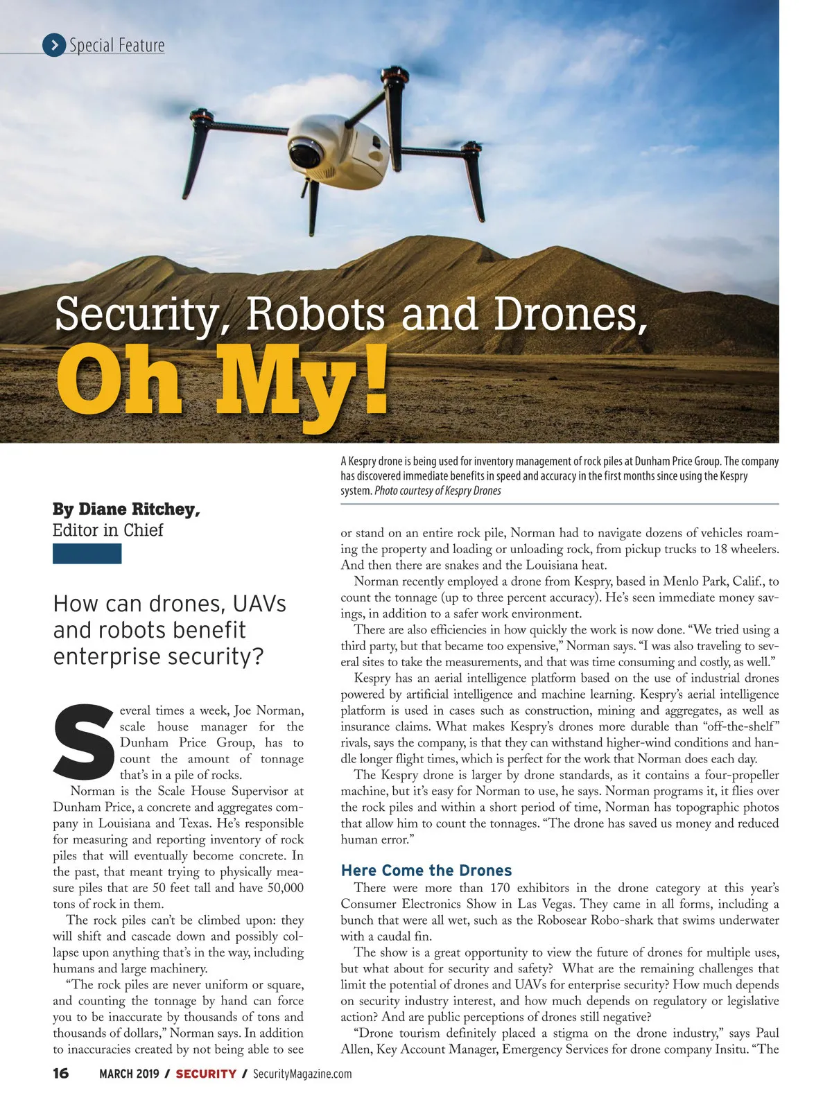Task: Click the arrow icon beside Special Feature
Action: [x=54, y=45]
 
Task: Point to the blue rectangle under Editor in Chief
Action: [x=87, y=554]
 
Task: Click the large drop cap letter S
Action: [x=83, y=740]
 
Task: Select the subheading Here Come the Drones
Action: [x=426, y=871]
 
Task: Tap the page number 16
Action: [x=61, y=1074]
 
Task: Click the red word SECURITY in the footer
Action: [x=206, y=1074]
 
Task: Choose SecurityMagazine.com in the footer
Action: [x=302, y=1074]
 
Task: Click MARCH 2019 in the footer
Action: [x=129, y=1074]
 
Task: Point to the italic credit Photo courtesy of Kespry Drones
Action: [x=437, y=491]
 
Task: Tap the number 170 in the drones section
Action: [x=500, y=888]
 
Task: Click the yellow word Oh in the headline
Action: [x=119, y=381]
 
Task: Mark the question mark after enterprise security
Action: [x=257, y=656]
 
